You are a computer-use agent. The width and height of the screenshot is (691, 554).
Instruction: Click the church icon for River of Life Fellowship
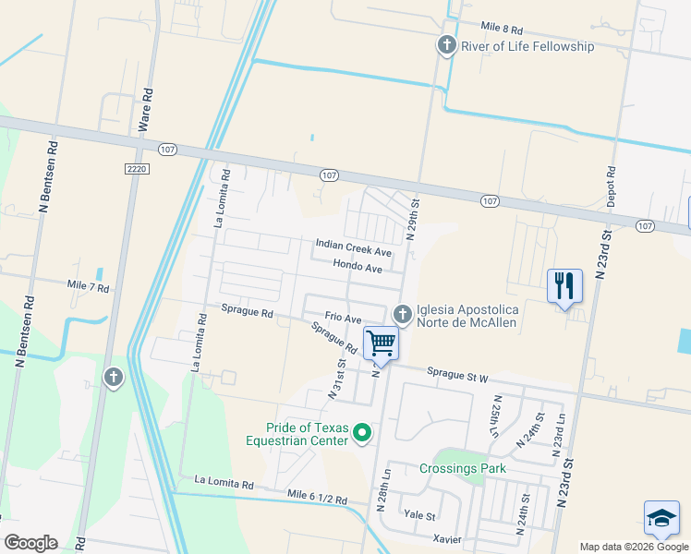click(x=446, y=45)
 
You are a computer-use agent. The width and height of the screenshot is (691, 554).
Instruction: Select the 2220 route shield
click(x=136, y=167)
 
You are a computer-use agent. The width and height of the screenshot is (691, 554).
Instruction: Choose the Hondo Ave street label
click(x=358, y=268)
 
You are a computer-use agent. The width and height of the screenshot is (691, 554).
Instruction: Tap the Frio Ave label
click(x=342, y=318)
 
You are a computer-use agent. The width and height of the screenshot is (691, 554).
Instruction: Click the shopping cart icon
click(x=381, y=343)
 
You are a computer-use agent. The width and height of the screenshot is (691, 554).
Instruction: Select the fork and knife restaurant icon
click(x=564, y=284)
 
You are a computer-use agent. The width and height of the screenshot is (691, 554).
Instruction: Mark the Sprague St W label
click(x=457, y=374)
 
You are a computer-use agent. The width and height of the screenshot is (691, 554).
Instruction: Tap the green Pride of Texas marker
click(x=362, y=432)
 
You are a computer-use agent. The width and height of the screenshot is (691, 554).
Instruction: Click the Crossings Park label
click(x=463, y=468)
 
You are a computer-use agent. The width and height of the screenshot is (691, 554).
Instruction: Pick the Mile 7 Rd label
click(x=89, y=288)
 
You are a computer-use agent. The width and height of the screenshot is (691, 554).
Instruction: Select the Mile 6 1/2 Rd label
click(x=317, y=499)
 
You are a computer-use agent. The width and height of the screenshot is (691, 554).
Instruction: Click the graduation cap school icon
click(x=661, y=520)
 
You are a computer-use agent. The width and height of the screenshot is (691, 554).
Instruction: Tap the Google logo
click(x=30, y=542)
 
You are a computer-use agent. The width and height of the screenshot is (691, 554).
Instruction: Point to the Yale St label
click(x=419, y=513)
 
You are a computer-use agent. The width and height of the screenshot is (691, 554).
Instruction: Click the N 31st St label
click(x=337, y=379)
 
